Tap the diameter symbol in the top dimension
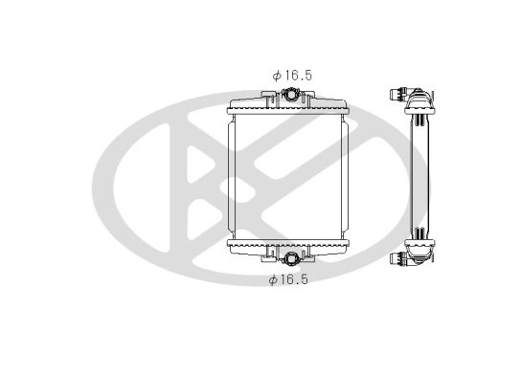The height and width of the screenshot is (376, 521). click(276, 74)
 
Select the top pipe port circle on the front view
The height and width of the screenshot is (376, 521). click(290, 96)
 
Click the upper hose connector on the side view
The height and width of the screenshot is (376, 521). click(397, 94)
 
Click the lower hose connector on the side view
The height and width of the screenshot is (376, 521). click(397, 257)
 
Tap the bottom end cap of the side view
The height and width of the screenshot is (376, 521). click(421, 252)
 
